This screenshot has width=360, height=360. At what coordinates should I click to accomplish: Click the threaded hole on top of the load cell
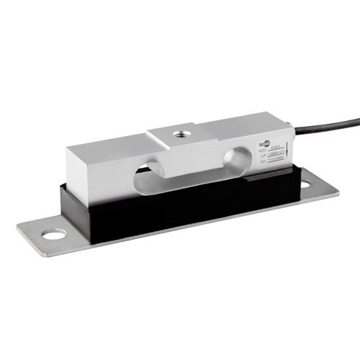click(x=177, y=133)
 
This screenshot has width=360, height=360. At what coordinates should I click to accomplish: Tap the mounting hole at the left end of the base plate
click(x=53, y=234)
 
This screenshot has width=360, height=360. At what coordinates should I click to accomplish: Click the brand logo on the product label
click(x=265, y=146)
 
